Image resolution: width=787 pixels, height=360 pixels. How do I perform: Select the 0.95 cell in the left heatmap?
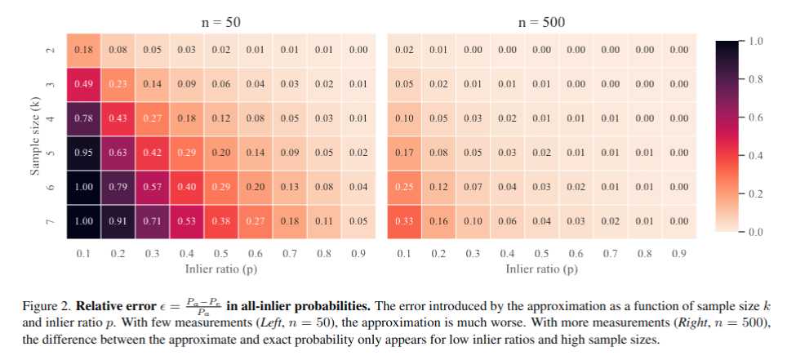tap(83, 152)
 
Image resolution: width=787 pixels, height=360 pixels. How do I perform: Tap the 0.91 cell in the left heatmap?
tap(118, 220)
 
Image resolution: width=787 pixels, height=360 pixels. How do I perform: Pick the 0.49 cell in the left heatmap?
tap(83, 83)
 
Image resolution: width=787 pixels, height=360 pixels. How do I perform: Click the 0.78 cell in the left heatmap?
tap(83, 118)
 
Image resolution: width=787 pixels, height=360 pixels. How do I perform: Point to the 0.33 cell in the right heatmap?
tap(404, 220)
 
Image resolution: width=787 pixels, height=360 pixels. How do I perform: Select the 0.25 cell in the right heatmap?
tap(404, 186)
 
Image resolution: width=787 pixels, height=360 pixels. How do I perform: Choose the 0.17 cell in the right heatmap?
tap(404, 152)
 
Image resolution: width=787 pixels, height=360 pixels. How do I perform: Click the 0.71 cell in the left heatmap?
tap(152, 220)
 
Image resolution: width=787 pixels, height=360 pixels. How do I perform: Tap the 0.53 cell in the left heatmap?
tap(186, 220)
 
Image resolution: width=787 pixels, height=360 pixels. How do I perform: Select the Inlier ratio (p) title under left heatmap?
tap(220, 268)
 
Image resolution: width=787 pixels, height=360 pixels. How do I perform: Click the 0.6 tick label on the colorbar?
tap(756, 117)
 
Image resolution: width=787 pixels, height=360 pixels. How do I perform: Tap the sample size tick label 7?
tap(50, 221)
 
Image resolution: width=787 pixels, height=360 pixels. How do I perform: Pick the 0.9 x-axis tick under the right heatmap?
tap(678, 254)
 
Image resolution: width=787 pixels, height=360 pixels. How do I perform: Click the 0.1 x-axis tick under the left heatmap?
tap(83, 254)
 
